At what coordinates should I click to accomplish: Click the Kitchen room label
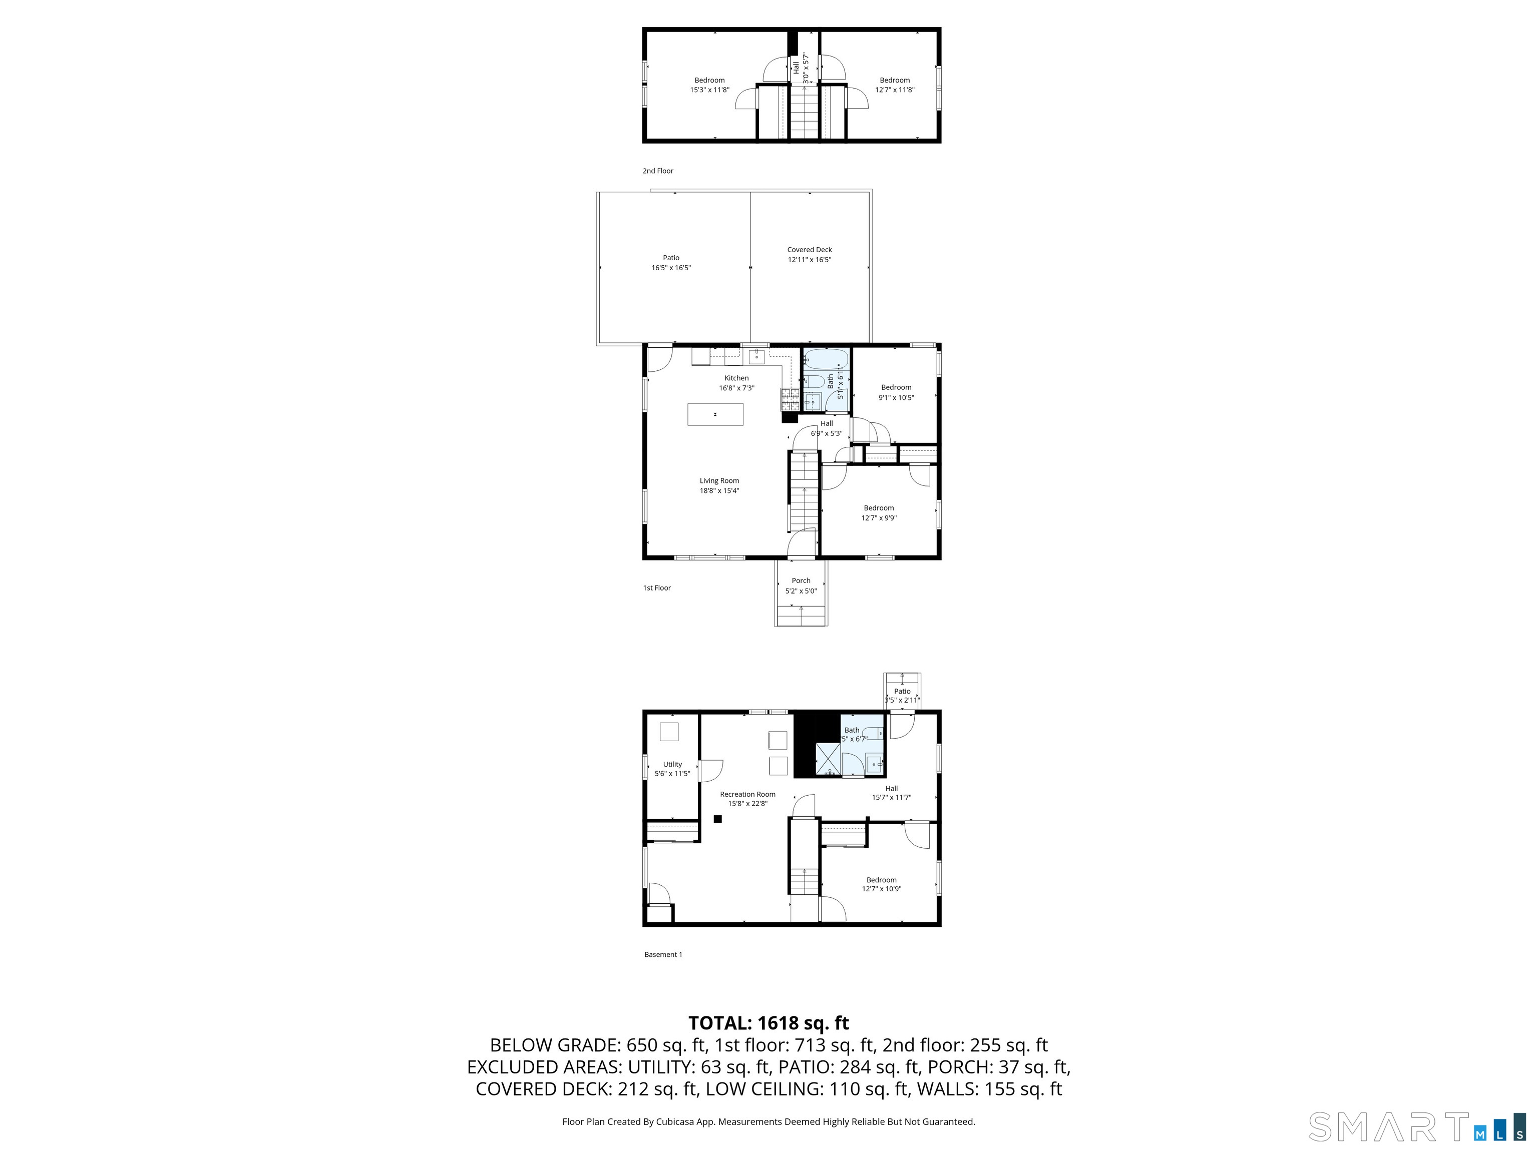click(736, 378)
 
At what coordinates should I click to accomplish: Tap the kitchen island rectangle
click(715, 414)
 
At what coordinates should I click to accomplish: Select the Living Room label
click(719, 481)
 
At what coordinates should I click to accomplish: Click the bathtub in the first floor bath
click(826, 360)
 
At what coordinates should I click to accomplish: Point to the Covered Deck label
click(810, 250)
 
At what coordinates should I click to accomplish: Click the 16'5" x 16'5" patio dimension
click(671, 268)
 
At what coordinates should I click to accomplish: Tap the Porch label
click(801, 581)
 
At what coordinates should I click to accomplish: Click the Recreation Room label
click(747, 794)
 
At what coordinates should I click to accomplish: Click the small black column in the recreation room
click(718, 819)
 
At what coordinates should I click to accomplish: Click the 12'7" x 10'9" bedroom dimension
click(882, 889)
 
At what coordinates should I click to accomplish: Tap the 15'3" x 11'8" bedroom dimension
click(709, 90)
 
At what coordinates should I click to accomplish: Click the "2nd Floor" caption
click(658, 171)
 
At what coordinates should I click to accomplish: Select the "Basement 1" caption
click(663, 955)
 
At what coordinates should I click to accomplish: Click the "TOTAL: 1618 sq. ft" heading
click(768, 1023)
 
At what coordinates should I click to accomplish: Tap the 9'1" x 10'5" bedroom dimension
click(896, 397)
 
